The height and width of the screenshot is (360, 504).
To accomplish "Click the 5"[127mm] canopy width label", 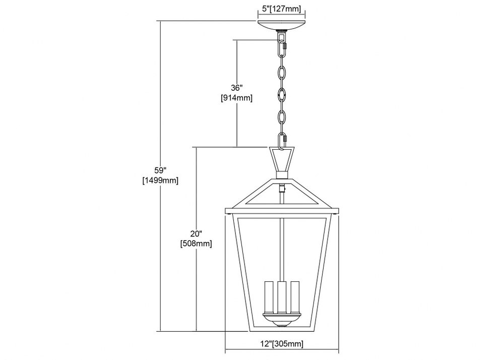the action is coord(282,9).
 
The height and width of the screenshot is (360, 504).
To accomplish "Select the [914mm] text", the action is coord(236,98).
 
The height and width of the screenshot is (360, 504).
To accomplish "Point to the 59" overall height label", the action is coord(160,170).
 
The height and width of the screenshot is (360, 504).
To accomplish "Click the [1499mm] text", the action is coord(160,181).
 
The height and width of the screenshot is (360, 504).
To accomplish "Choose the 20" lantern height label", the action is coord(196,233).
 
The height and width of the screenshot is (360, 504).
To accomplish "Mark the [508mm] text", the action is coord(196,244).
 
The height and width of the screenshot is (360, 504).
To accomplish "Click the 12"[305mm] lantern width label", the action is coord(282,344).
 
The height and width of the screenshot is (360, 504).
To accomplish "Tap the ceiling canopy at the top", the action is coord(282,25).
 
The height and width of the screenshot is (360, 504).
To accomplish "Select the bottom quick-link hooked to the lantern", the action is coord(282,141).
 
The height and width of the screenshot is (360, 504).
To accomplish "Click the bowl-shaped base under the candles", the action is coord(282,320).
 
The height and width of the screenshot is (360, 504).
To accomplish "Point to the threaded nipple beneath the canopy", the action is coord(282,32).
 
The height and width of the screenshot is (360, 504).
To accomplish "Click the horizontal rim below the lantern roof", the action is coord(282,211).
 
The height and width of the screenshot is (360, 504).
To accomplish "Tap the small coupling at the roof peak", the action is coord(282,174).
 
